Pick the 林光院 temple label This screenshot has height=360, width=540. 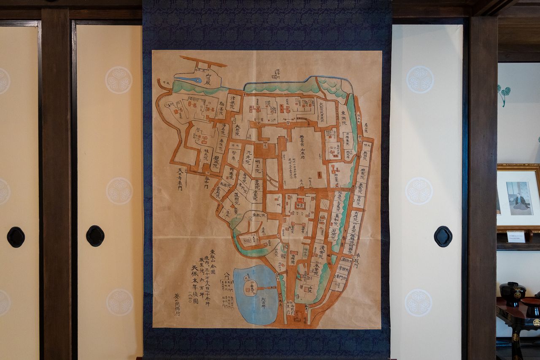206,154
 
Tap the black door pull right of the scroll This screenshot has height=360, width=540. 443,236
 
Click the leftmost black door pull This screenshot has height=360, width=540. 16,237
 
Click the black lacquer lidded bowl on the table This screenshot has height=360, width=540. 512,293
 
